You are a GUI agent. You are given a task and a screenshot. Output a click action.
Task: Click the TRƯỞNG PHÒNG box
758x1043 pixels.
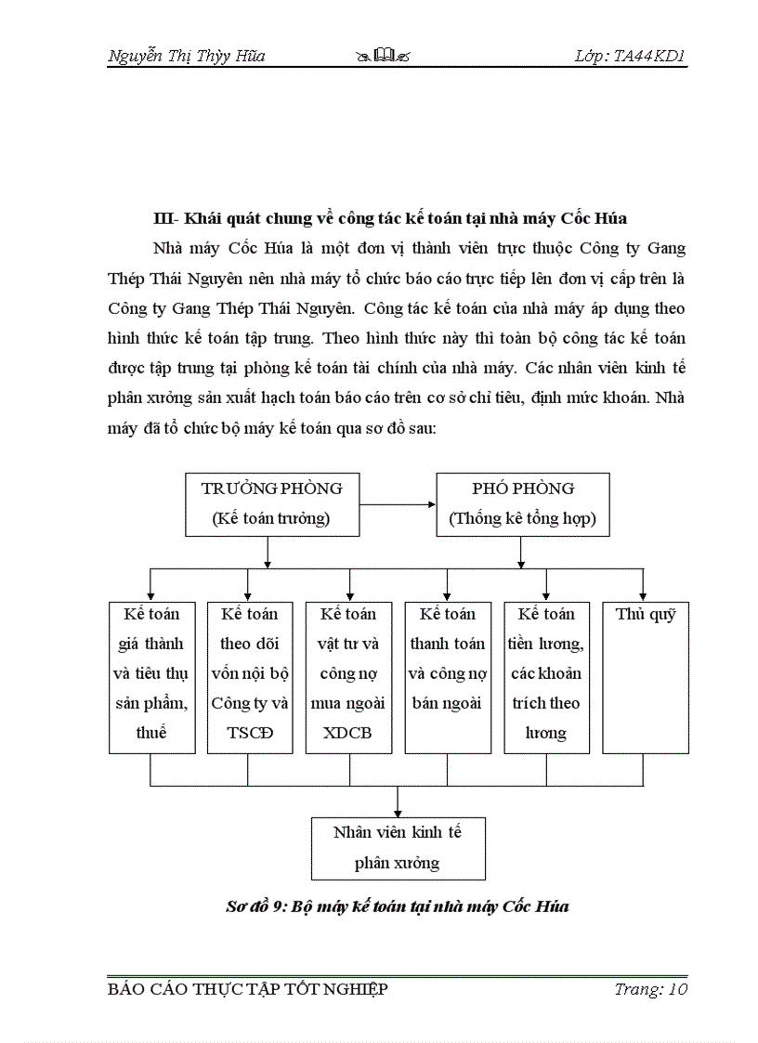click(271, 503)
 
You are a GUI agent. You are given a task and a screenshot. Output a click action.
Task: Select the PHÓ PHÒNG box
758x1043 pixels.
click(523, 503)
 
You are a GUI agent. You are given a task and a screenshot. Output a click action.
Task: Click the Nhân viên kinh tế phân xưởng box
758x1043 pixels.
click(398, 847)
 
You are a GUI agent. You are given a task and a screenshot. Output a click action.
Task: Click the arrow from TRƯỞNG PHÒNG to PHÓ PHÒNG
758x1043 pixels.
click(398, 504)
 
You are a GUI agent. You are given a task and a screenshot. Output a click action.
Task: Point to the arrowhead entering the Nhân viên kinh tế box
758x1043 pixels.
click(398, 811)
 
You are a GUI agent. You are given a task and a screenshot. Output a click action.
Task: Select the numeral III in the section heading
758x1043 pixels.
click(163, 219)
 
